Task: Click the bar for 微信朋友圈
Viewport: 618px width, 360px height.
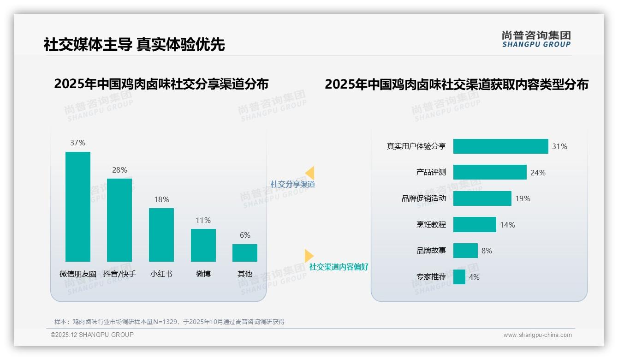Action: point(78,206)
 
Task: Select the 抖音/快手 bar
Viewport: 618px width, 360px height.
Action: point(119,220)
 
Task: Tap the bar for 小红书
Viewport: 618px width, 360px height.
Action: point(161,234)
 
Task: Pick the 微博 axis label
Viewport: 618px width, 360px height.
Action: point(203,274)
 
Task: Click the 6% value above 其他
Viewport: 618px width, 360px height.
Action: point(245,235)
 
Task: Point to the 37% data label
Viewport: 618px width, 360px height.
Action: point(78,143)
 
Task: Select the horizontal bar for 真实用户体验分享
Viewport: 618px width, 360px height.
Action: point(500,146)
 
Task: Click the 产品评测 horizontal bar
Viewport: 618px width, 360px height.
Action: point(490,172)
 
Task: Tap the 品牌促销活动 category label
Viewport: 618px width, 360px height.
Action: point(424,198)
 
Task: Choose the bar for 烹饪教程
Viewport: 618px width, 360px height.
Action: point(475,225)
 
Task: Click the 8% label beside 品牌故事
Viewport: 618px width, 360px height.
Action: point(487,251)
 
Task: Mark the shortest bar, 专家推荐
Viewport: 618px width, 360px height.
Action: point(459,277)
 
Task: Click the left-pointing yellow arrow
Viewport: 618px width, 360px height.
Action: point(310,173)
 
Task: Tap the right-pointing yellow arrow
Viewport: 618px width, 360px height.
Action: point(309,256)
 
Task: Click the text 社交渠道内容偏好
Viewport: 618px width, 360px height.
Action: point(339,267)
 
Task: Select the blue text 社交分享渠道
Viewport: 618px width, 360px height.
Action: point(293,184)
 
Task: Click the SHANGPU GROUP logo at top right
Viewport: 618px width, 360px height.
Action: point(536,39)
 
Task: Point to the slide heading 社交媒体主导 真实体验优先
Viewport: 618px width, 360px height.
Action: point(134,45)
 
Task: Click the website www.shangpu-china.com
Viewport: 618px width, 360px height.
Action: point(537,335)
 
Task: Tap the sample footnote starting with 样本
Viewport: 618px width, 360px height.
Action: point(169,322)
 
